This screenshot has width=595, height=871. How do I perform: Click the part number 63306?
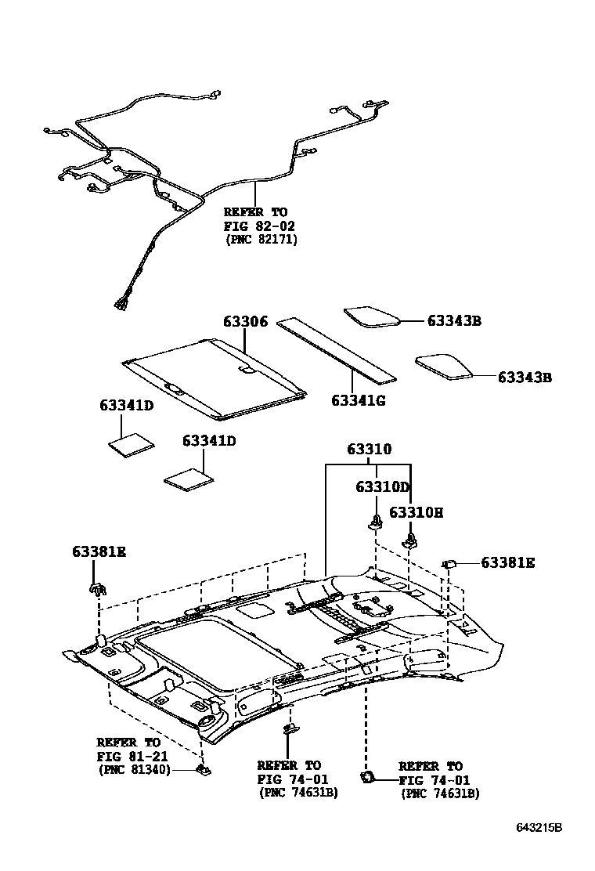point(245,322)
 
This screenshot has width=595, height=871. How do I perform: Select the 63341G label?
point(359,401)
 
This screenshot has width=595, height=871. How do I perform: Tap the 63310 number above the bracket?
point(370,450)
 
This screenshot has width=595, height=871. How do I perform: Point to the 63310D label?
point(382,486)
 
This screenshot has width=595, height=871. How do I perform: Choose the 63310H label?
point(416,512)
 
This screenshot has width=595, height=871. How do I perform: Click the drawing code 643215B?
point(539,828)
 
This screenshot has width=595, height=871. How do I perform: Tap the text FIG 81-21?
point(128,756)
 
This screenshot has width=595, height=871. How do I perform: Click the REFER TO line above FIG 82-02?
point(255,211)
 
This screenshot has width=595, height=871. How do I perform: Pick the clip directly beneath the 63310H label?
point(410,539)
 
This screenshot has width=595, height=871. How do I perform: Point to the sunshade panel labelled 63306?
point(215,374)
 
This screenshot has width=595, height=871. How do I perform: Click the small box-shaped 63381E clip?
point(450,562)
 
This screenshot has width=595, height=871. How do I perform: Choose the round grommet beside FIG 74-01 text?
point(366,776)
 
